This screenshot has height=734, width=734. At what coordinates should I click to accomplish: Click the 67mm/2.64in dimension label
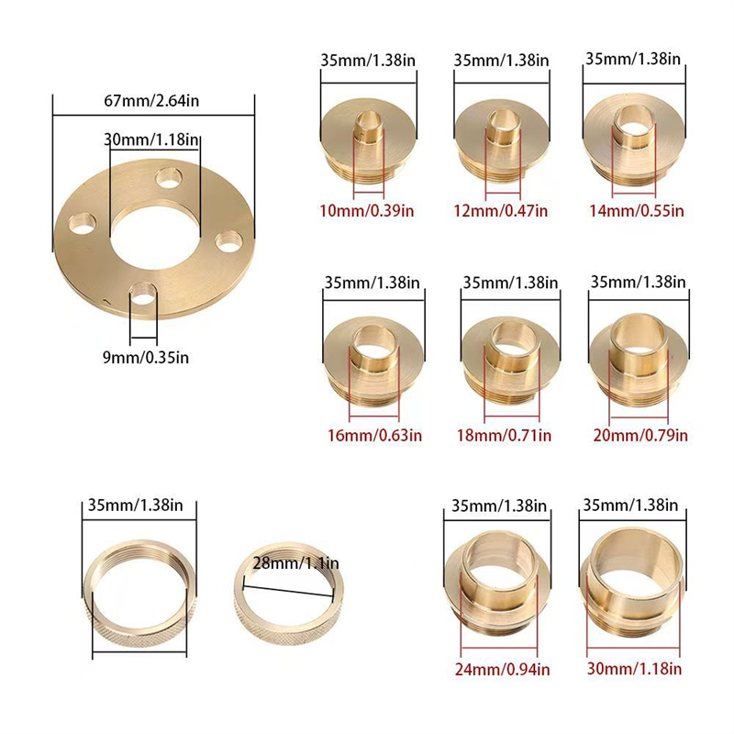pos(151,101)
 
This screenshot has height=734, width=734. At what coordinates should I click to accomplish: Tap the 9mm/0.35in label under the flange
pos(146,358)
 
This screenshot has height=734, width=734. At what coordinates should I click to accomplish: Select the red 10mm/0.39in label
pos(367,211)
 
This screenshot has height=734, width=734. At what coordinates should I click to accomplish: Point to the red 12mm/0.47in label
pos(500,211)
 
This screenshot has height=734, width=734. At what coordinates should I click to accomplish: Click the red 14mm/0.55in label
pos(636,211)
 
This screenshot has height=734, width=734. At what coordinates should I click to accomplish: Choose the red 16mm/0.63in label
pos(374,436)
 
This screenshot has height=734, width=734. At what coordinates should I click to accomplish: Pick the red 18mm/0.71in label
pos(504,436)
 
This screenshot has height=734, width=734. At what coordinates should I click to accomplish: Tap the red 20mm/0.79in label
pos(640,436)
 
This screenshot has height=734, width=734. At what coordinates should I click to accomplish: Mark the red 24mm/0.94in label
pos(502,670)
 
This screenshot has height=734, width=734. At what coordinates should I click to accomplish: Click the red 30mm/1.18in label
pos(634,669)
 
